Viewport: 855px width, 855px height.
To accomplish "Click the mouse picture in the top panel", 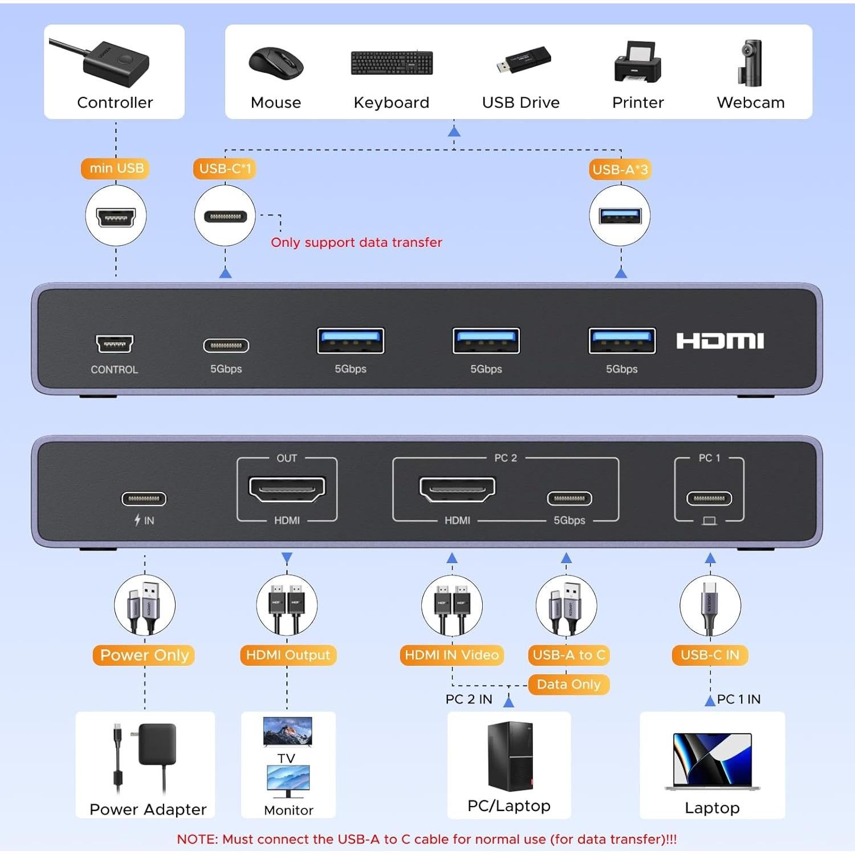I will [x=276, y=63].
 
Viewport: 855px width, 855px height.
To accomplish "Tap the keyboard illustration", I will [x=392, y=63].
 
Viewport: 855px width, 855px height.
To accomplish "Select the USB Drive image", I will [x=523, y=60].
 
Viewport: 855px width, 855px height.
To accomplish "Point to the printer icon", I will [x=637, y=62].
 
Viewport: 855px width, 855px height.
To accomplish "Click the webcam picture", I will [x=751, y=63].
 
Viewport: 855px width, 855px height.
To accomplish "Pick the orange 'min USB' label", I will [x=116, y=168].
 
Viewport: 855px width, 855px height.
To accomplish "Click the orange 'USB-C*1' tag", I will [x=225, y=169].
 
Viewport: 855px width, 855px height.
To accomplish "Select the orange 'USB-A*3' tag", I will [x=620, y=169].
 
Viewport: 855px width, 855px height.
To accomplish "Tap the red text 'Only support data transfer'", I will [x=356, y=242].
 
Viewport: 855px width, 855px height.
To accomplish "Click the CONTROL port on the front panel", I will [x=115, y=344].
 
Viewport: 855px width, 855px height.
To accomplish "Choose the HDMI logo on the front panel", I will [x=720, y=341].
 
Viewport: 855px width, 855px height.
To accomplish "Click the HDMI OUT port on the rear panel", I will [x=287, y=489].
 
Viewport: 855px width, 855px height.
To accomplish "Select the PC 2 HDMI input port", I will [x=457, y=489].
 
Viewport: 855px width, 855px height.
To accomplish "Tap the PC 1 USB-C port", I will [x=709, y=498].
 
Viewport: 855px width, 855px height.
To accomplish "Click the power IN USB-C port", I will [x=144, y=499].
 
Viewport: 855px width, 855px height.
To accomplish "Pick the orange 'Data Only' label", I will [x=568, y=684].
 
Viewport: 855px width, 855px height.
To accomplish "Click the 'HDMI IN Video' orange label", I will [x=451, y=655].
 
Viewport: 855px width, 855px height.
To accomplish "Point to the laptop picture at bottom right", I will [x=712, y=761].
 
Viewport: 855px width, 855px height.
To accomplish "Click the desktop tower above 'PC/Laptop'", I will [x=510, y=756].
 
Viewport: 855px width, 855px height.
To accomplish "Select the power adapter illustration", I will [x=147, y=755].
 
